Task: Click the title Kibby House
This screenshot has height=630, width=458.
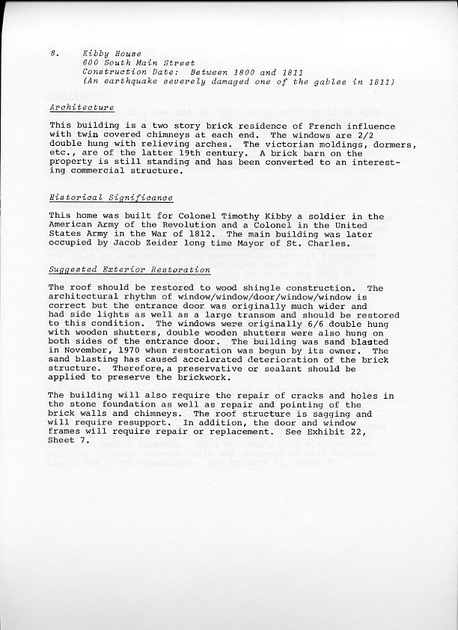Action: [x=107, y=55]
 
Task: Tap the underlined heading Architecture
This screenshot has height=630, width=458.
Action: [x=82, y=108]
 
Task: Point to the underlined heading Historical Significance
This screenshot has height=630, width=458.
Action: [x=111, y=198]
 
